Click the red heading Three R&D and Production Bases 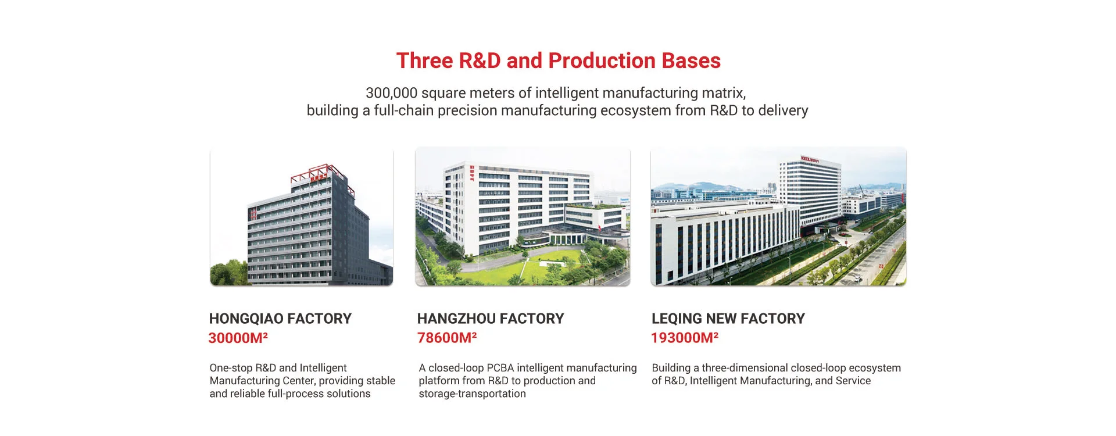(x=558, y=61)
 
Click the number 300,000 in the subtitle (x=391, y=93)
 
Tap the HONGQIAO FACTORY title (x=280, y=319)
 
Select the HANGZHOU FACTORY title (x=491, y=319)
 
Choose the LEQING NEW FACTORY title (x=728, y=319)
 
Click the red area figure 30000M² (x=238, y=338)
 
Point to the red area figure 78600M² (x=447, y=338)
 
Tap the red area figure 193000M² (x=685, y=338)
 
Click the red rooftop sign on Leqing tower (x=810, y=159)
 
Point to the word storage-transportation (x=472, y=394)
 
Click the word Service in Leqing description (x=853, y=381)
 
